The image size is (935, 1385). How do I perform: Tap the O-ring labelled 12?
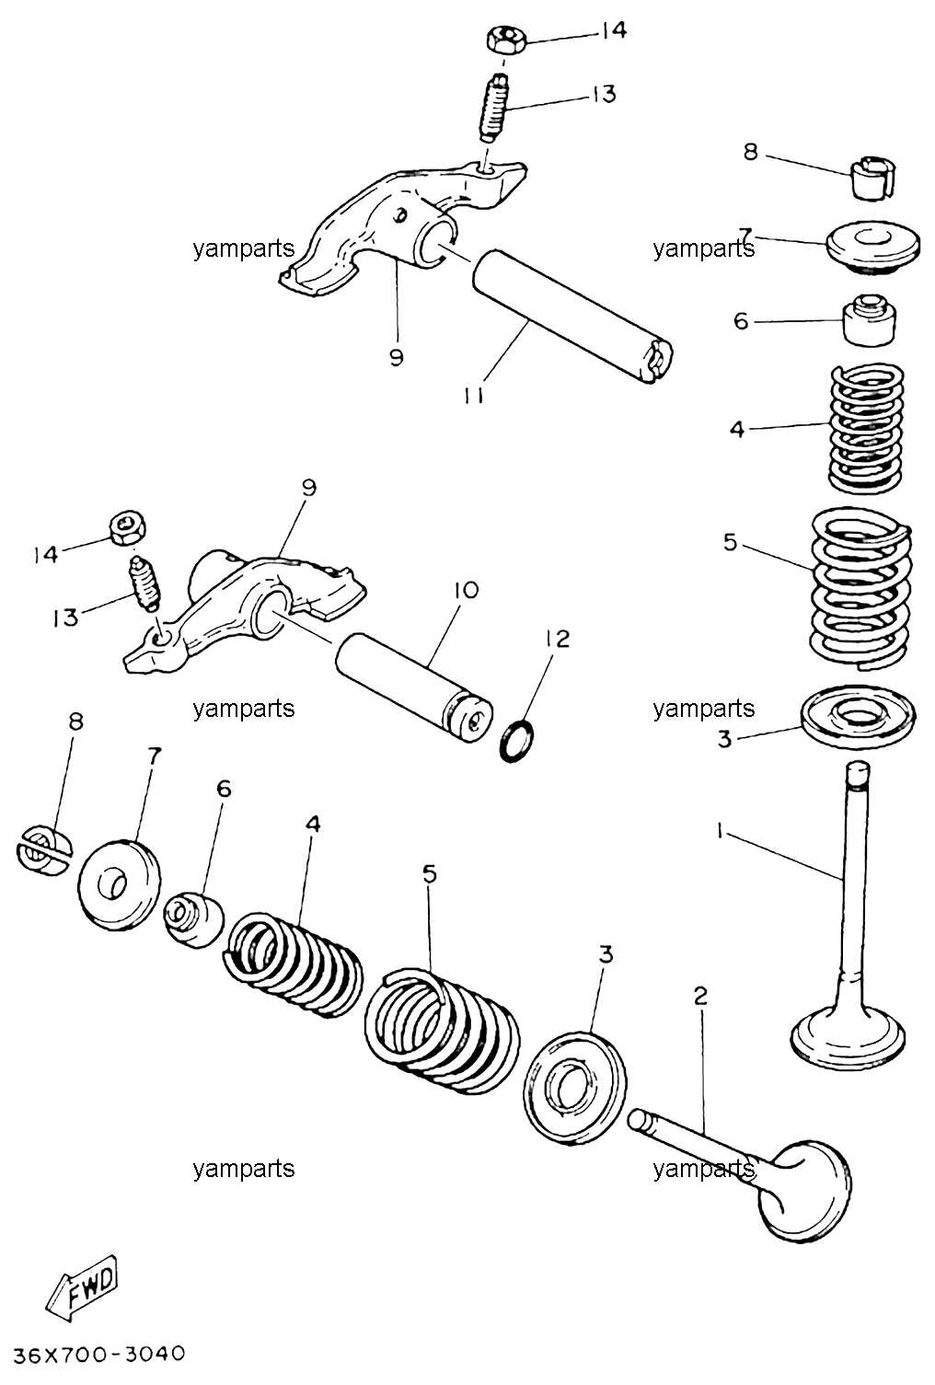pyautogui.click(x=518, y=740)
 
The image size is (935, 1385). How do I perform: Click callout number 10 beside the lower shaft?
pyautogui.click(x=467, y=591)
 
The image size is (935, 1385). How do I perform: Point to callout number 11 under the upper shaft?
pyautogui.click(x=474, y=396)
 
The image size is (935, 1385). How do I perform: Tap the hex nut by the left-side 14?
pyautogui.click(x=127, y=528)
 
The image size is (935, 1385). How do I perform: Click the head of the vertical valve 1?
pyautogui.click(x=848, y=1045)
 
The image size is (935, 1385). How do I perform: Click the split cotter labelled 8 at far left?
pyautogui.click(x=43, y=851)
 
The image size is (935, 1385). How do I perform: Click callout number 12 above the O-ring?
pyautogui.click(x=558, y=639)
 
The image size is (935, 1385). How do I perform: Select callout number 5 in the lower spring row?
pyautogui.click(x=430, y=873)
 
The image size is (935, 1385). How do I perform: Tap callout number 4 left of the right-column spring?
pyautogui.click(x=736, y=429)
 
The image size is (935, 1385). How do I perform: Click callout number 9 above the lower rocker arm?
pyautogui.click(x=309, y=488)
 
